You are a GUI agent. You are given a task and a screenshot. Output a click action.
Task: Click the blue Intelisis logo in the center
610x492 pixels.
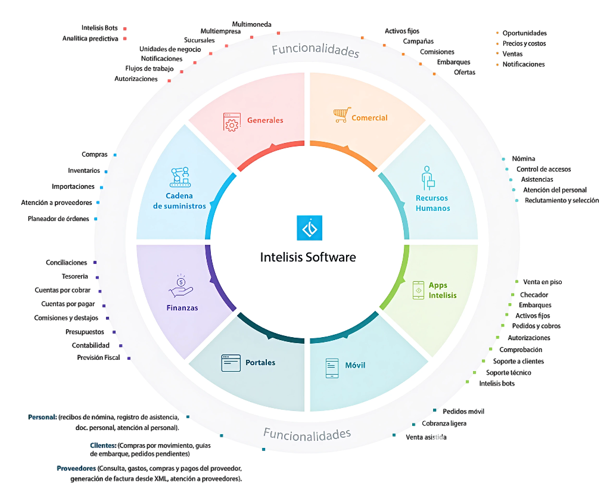(309, 228)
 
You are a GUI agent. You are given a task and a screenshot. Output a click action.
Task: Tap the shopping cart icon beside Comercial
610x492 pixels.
(341, 115)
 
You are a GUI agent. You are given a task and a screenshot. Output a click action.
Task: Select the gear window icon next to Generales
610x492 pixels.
(231, 122)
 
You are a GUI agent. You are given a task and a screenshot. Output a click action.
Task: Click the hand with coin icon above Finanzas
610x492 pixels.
(181, 285)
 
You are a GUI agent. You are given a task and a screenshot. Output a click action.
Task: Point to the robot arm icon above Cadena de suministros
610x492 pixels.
(179, 177)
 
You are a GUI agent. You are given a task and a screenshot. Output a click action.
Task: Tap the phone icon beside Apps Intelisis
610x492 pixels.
(419, 290)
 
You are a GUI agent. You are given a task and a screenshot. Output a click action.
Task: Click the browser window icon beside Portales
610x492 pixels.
(231, 363)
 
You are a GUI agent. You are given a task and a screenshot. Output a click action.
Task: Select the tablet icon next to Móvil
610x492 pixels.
(332, 368)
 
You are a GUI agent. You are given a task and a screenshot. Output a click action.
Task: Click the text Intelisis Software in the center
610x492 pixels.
(308, 257)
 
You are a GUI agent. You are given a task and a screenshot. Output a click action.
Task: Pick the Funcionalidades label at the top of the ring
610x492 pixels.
(316, 50)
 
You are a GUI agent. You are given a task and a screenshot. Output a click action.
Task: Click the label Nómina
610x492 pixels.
(524, 158)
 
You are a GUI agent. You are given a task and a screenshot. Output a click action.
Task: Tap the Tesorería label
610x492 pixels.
(74, 276)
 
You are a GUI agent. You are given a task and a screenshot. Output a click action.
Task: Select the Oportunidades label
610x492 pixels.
(524, 33)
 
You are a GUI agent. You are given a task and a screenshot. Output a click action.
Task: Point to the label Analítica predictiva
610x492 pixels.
(91, 38)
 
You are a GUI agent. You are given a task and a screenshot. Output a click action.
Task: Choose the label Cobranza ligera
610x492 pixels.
(444, 424)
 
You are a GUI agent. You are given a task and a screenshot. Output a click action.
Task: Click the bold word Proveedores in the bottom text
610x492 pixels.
(76, 468)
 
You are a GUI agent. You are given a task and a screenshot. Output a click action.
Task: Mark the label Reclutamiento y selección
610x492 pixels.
(562, 200)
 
